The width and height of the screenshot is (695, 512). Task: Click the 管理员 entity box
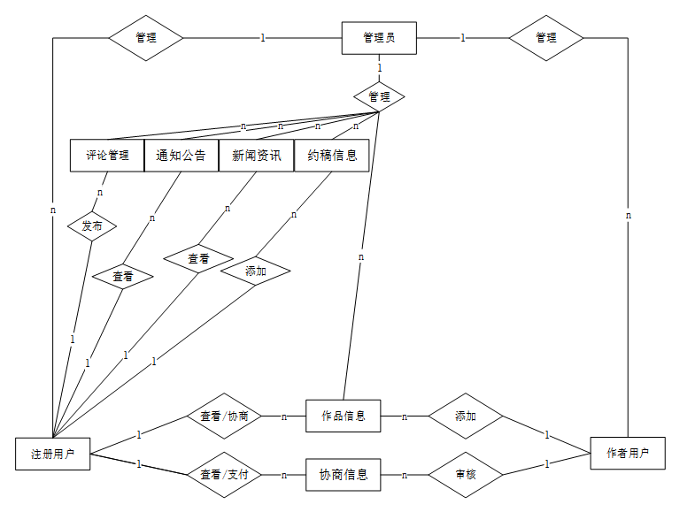[x=379, y=38]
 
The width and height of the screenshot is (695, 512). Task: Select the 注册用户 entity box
[x=53, y=454]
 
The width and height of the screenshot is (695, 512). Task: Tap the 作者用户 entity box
[x=628, y=453]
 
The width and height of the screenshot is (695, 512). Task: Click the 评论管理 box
[x=107, y=156]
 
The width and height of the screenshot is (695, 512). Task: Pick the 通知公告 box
[x=181, y=156]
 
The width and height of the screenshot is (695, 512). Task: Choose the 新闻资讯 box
[x=257, y=156]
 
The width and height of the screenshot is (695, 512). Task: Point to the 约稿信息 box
[x=332, y=156]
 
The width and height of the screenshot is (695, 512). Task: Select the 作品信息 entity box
[x=344, y=416]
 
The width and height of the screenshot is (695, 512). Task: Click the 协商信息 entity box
[x=344, y=475]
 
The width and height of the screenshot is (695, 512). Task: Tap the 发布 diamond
[x=92, y=225]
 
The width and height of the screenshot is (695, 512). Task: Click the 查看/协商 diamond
[x=225, y=416]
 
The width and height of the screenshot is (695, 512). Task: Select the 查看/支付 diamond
[x=225, y=475]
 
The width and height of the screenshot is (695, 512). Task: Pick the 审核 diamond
[x=466, y=475]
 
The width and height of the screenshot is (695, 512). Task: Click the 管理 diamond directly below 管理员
[x=379, y=96]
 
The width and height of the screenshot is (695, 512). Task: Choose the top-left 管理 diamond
[x=146, y=38]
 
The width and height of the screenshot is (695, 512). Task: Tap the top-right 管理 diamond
[x=546, y=38]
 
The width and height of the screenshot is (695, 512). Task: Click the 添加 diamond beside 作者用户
[x=466, y=416]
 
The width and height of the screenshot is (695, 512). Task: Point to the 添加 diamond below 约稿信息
[x=256, y=271]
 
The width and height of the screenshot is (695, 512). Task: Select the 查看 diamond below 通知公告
[x=123, y=277]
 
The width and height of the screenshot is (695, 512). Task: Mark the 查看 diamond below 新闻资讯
[x=198, y=258]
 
